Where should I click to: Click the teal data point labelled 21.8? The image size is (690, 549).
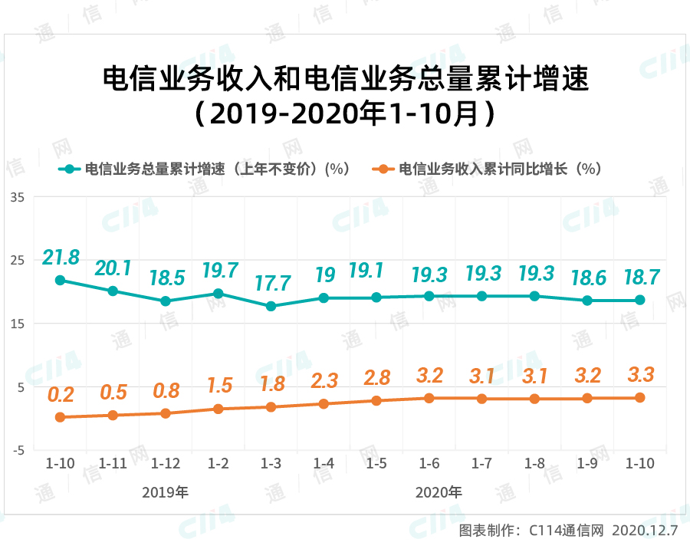(60, 281)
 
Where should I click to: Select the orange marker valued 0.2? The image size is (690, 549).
(60, 417)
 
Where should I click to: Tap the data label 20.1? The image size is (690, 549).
(113, 268)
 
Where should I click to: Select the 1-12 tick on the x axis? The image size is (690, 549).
(166, 464)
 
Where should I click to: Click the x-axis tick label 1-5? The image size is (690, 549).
(376, 464)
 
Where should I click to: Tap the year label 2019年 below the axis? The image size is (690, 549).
(166, 491)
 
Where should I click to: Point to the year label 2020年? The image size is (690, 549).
(440, 491)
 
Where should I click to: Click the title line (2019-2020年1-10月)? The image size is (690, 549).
(345, 114)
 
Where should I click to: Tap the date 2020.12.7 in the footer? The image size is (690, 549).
(646, 530)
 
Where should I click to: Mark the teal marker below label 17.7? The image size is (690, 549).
(271, 306)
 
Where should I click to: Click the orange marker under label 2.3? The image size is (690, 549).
(324, 403)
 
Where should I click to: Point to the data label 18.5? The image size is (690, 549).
(166, 278)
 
